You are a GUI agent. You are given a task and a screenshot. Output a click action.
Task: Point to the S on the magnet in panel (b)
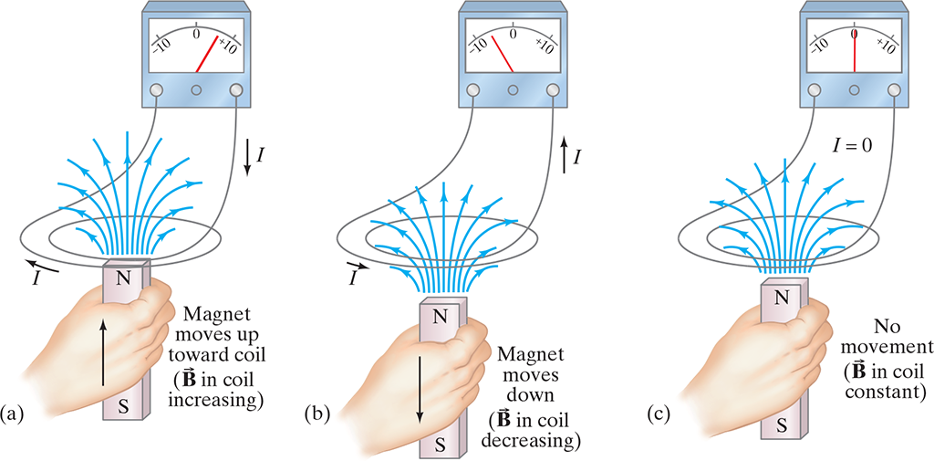439,445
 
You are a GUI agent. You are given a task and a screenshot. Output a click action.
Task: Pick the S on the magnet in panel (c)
782,424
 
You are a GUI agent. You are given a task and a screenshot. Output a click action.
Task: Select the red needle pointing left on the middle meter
502,55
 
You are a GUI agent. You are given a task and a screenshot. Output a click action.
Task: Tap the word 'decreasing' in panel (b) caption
535,442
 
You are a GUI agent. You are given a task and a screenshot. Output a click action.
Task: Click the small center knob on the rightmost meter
855,90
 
